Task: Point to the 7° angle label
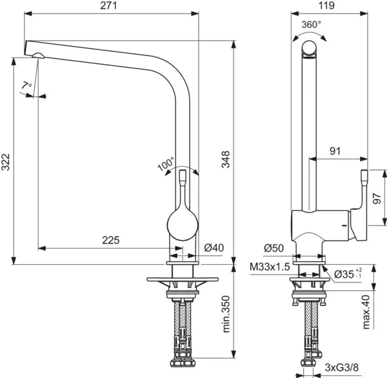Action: pyautogui.click(x=26, y=86)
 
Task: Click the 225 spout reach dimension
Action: pyautogui.click(x=111, y=240)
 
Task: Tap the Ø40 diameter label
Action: pyautogui.click(x=213, y=248)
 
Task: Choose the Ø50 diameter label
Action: pyautogui.click(x=275, y=248)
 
